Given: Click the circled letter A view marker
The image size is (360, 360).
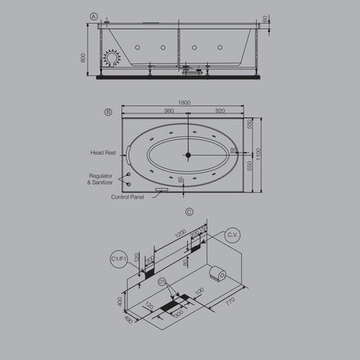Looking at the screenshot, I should pyautogui.click(x=94, y=16).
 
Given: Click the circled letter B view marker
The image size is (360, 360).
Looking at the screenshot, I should pyautogui.click(x=108, y=112).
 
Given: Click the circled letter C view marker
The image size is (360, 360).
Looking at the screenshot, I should pyautogui.click(x=189, y=211).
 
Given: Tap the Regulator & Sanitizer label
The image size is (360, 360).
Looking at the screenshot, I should pyautogui.click(x=101, y=179).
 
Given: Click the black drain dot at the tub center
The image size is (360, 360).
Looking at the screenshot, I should pyautogui.click(x=187, y=155).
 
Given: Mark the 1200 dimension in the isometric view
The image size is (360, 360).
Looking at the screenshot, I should pyautogui.click(x=181, y=234).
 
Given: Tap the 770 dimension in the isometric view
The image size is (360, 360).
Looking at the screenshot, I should pyautogui.click(x=230, y=298).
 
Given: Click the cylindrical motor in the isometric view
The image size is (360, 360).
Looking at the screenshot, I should pyautogui.click(x=217, y=273).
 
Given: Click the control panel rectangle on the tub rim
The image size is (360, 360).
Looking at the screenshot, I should pyautogui.click(x=162, y=189).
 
